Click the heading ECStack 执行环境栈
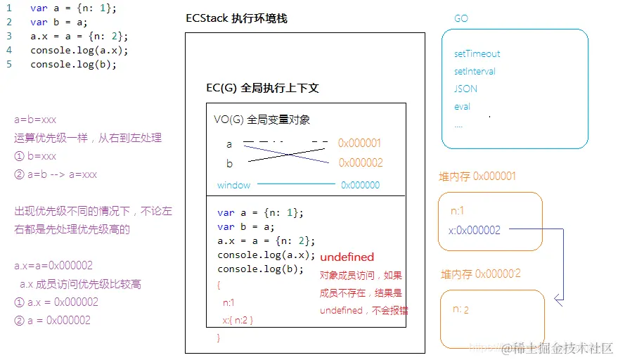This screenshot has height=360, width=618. pos(236,18)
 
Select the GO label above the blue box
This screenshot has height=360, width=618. pos(461,19)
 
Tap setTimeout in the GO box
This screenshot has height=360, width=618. pos(477,53)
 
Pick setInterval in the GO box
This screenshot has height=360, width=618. pos(475,71)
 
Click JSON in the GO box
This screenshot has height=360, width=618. pos(465,89)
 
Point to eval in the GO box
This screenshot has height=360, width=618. pos(462,107)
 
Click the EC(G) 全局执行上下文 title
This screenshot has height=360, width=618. pos(262,88)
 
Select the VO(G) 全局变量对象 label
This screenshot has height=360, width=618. pos(262,120)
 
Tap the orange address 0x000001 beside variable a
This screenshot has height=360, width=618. pos(359,143)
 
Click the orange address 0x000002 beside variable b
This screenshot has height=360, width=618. pos(360,163)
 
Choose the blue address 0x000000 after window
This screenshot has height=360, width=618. pos(360,185)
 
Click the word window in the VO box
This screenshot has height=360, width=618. pos(233,185)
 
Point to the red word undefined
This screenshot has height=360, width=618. pos(347,257)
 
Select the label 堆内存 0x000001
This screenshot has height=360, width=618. pos(477,176)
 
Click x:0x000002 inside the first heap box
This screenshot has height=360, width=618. pos(474,230)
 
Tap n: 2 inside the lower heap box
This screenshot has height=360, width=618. pos(461,309)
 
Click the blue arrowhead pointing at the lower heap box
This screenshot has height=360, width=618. pos(558,301)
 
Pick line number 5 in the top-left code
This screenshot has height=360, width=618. pos(9,64)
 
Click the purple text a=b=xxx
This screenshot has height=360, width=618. pos(35,120)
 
